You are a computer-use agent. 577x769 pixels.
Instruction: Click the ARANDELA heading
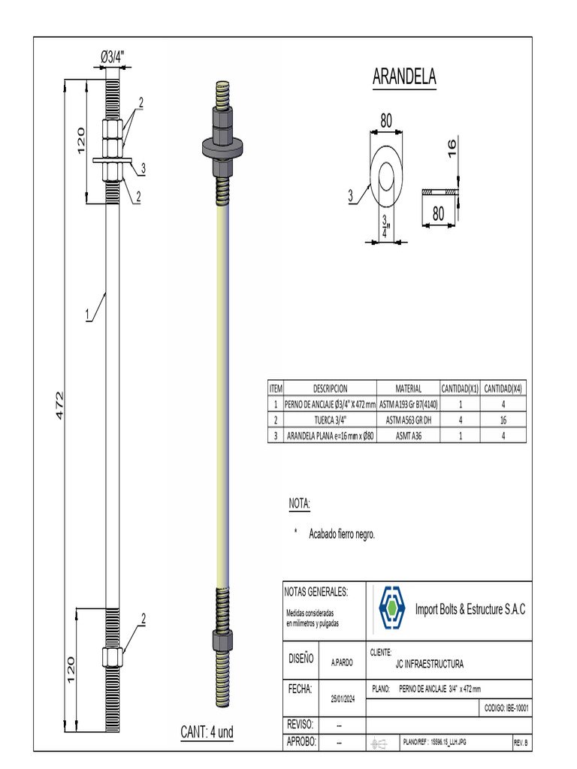(404, 77)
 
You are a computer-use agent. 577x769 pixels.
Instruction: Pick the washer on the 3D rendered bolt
(223, 147)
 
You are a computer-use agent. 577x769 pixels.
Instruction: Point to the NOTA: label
(299, 503)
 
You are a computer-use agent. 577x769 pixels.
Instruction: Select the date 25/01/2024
(343, 698)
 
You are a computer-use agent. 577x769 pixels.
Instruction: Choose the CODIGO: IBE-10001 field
(506, 707)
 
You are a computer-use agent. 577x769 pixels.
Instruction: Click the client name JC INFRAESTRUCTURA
(429, 664)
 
